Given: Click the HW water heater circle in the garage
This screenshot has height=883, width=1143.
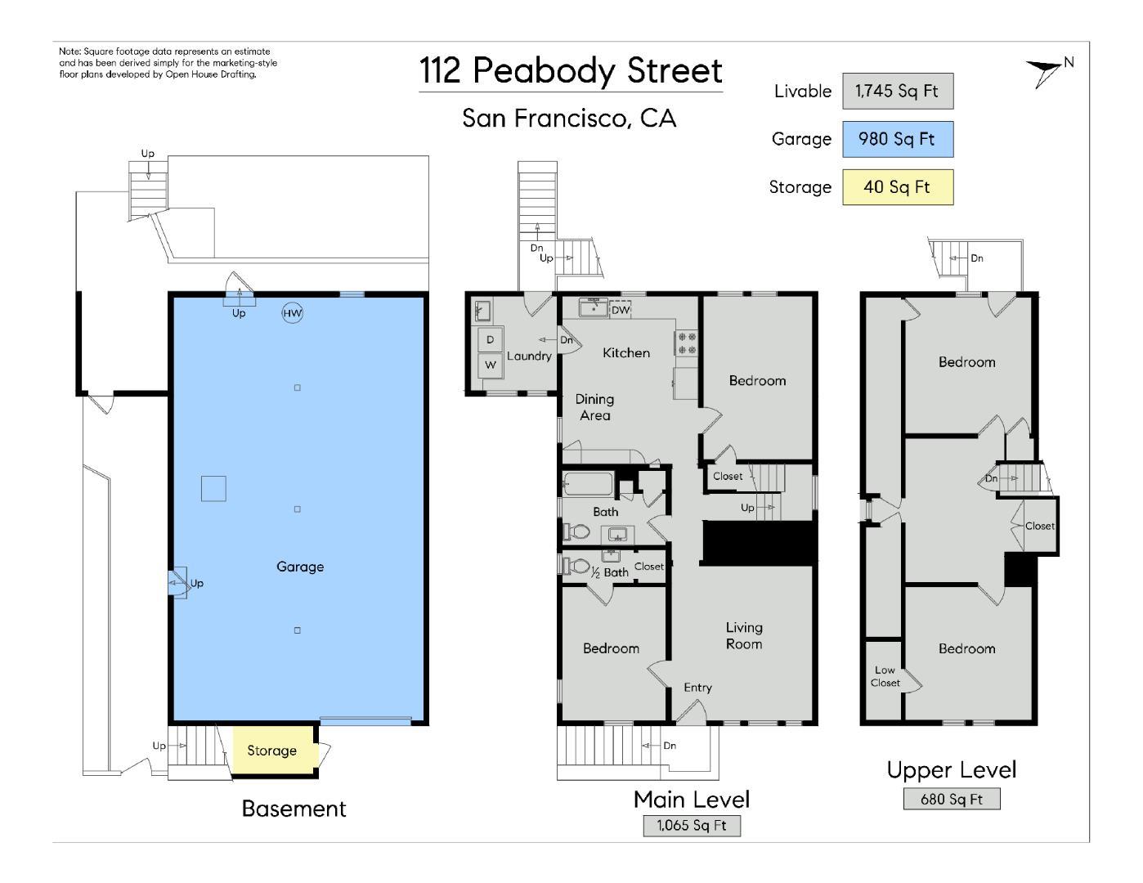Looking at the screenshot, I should click(292, 313).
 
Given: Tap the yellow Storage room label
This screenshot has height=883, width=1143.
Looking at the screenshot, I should click(271, 751).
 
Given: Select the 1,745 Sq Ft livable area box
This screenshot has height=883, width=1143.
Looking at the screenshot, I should click(897, 91).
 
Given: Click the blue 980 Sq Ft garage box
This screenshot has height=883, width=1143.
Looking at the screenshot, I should click(897, 139).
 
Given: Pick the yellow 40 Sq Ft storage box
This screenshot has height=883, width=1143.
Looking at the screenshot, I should click(897, 187).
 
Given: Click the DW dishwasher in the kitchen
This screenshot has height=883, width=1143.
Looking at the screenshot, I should click(621, 310).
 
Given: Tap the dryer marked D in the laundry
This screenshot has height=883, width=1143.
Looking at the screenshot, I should click(491, 339).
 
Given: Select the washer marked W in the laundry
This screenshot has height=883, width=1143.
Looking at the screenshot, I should click(491, 365).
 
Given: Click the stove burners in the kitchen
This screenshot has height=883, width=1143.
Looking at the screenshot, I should click(687, 343).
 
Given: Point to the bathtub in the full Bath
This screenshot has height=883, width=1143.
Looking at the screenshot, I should click(589, 485).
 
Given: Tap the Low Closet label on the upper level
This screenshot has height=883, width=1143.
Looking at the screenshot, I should click(885, 676).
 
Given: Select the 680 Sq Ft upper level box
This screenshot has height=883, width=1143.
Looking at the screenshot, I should click(951, 799).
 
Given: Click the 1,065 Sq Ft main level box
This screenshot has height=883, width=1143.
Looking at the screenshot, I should click(692, 825).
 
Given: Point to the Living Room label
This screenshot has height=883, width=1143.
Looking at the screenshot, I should click(744, 635).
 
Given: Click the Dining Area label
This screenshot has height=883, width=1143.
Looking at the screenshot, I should click(594, 406).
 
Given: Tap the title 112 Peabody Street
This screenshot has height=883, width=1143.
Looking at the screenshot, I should click(571, 71).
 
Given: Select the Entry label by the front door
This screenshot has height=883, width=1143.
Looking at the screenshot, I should click(697, 688).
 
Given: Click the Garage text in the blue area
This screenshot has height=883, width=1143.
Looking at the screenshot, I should click(300, 567).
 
